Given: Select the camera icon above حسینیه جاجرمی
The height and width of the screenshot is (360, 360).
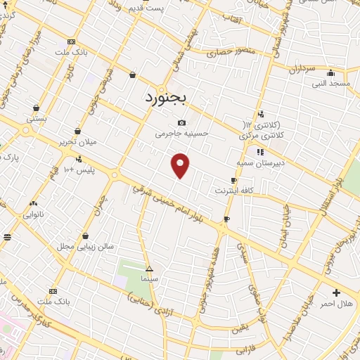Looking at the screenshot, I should pyautogui.click(x=182, y=122).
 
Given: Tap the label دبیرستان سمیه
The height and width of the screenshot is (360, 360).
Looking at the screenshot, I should pyautogui.click(x=259, y=162).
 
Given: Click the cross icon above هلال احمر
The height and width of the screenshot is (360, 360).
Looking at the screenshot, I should pyautogui.click(x=336, y=292).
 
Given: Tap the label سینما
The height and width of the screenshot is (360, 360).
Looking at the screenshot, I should pyautogui.click(x=148, y=279).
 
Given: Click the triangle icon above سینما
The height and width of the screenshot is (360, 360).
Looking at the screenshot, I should pyautogui.click(x=148, y=269).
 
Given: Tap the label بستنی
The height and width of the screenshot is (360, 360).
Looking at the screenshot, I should pyautogui.click(x=36, y=119).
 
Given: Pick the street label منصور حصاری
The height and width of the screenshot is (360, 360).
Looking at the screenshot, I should pyautogui.click(x=226, y=52).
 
